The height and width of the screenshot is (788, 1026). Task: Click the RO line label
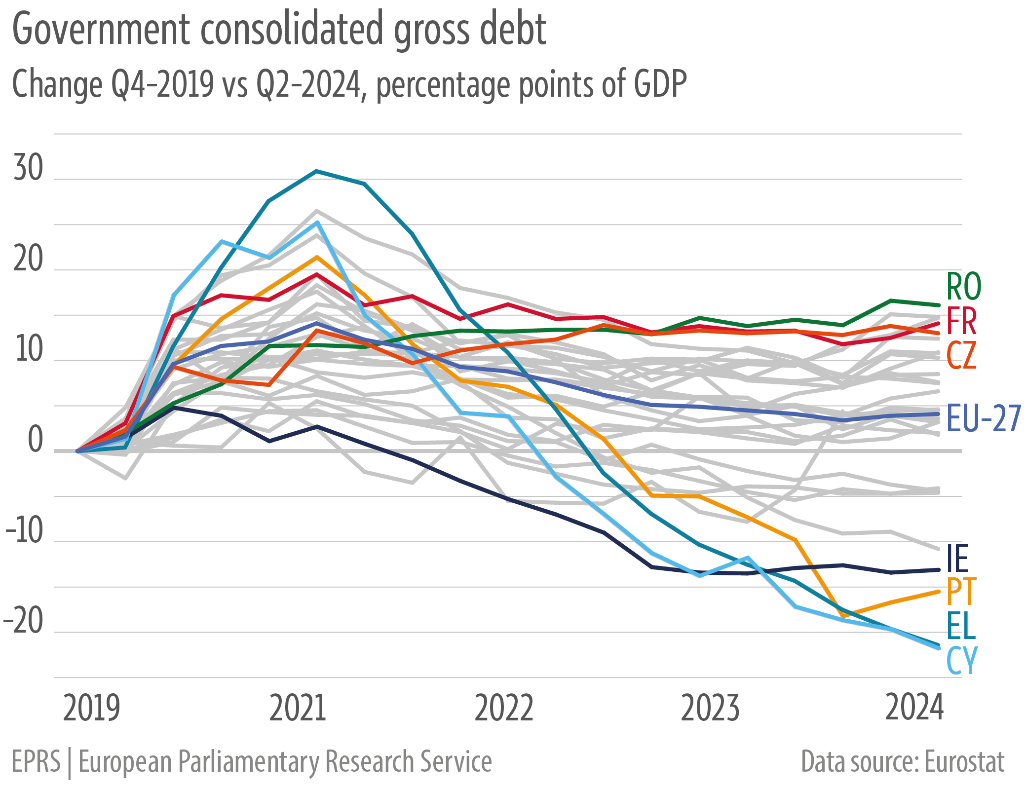coord(963,287)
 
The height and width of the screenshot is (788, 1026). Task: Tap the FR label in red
coord(961,322)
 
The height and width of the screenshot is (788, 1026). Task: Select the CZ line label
coord(961,355)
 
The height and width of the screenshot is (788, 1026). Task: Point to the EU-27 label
coord(984,419)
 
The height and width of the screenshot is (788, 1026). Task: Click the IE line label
coord(958,559)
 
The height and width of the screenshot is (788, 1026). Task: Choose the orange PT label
coord(961,592)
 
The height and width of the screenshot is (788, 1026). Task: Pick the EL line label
coord(961,626)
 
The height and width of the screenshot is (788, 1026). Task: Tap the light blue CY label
coord(962,660)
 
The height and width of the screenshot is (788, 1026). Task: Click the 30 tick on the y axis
coord(29,168)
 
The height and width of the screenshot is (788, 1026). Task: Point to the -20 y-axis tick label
coord(24,621)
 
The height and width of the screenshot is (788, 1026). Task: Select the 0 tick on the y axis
coord(36,440)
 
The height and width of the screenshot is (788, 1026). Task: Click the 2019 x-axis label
coord(92,709)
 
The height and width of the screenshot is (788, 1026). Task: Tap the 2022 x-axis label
coord(503,709)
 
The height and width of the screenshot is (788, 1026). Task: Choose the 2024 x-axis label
coord(914,708)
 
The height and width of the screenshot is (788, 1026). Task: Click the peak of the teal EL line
coord(316,171)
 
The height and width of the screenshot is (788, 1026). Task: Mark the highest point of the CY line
coord(318,223)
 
